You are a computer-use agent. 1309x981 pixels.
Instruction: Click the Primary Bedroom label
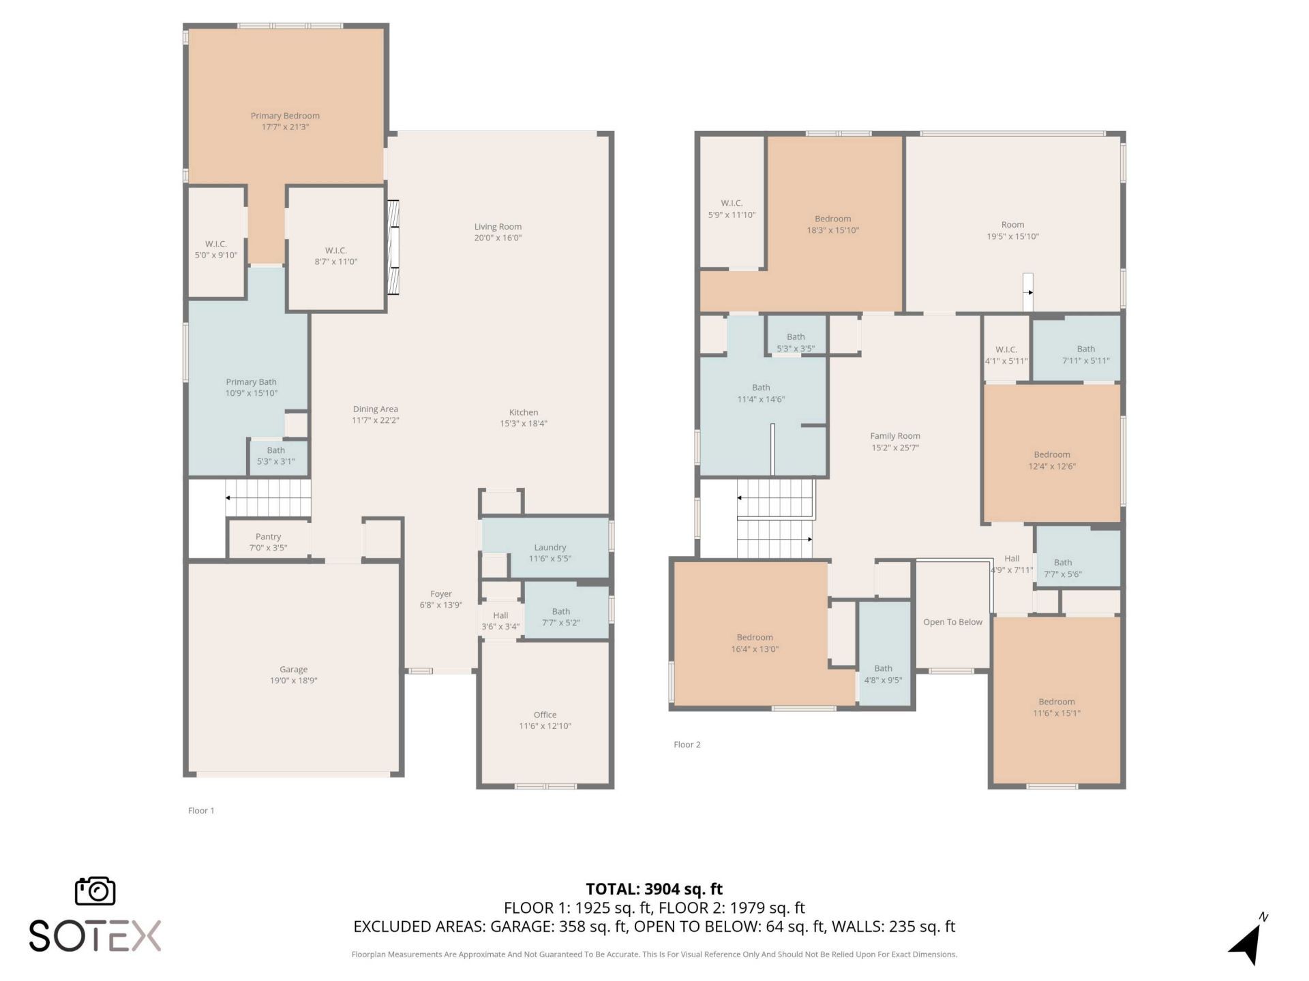285,116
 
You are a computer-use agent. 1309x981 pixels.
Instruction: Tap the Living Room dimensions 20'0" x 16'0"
498,238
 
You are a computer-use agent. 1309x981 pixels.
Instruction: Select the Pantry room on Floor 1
268,542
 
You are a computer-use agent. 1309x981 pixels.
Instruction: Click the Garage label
293,669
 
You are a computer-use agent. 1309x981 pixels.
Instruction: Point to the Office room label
545,715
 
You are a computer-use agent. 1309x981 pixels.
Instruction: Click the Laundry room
550,552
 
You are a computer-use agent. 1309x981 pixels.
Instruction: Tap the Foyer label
440,594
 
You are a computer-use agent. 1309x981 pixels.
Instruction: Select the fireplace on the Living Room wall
393,247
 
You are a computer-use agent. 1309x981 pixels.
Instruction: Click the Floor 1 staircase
269,497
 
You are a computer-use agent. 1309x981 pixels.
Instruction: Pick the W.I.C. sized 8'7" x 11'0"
335,255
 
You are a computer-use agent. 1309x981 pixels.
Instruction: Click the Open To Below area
952,622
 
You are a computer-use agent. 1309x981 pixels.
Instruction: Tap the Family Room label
894,436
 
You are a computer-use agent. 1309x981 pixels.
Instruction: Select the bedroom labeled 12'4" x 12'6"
1051,460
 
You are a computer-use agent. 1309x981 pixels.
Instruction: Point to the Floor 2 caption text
687,745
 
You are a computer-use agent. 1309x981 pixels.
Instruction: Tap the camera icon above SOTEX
95,891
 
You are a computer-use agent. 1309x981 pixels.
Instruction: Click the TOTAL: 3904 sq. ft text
654,889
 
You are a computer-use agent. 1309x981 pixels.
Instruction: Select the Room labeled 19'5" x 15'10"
1012,230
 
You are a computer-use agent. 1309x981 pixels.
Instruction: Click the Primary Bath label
251,382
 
